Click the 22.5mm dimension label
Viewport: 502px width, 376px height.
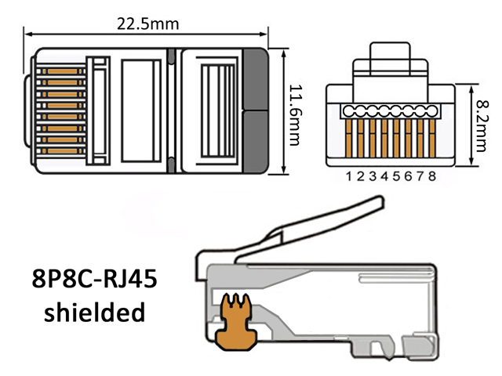pos(147,24)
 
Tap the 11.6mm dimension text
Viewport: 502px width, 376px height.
pos(296,115)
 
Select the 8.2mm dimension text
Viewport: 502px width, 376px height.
pos(482,125)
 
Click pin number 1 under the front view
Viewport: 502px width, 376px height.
pos(349,176)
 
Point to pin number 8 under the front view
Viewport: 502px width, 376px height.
pos(432,176)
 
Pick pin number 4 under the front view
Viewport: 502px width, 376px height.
pos(384,176)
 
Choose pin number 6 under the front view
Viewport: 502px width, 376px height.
pos(408,176)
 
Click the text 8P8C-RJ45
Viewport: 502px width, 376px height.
pos(94,279)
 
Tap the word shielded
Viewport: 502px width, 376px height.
pos(94,312)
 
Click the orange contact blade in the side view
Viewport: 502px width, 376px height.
pos(236,323)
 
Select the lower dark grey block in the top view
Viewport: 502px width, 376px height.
pos(255,142)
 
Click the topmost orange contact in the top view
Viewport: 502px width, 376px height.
pos(63,71)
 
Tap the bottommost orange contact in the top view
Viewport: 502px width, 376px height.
pos(63,151)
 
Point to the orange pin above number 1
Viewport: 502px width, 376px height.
pos(349,138)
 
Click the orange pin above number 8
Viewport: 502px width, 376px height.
pos(432,138)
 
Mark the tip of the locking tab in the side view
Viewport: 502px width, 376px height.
pos(381,201)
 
